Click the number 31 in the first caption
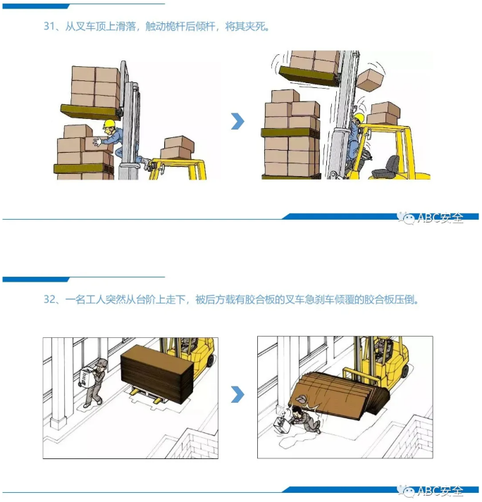[49, 27]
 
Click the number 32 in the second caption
[49, 299]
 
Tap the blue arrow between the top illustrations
[237, 121]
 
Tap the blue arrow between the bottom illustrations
[237, 394]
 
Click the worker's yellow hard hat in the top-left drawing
[109, 124]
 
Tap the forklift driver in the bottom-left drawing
[185, 344]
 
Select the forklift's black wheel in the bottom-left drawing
[210, 360]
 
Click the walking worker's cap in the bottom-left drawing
[101, 362]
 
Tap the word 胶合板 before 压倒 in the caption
[374, 299]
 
